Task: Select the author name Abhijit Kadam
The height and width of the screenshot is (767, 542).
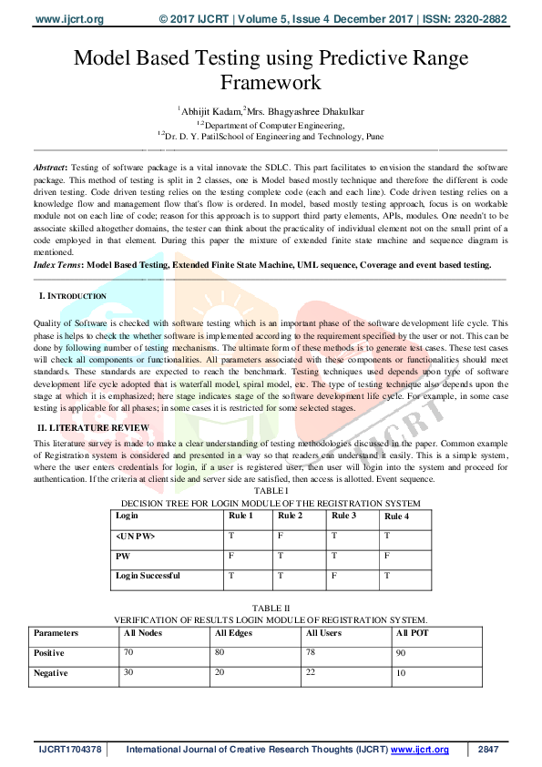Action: click(210, 111)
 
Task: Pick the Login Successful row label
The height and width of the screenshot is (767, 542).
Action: click(147, 575)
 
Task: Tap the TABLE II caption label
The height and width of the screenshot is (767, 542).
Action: click(271, 607)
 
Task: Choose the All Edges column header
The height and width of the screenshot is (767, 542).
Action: click(234, 632)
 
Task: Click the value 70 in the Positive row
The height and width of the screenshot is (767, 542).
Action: click(129, 652)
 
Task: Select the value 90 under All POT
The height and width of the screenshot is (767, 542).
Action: click(402, 653)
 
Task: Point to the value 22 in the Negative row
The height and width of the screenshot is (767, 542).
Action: click(312, 671)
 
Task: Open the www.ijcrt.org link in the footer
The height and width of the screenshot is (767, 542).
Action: click(420, 750)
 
